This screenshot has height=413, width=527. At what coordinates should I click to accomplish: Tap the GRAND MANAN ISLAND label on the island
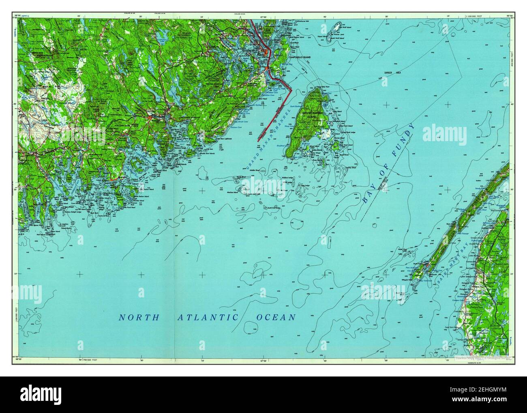pyautogui.click(x=312, y=115)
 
